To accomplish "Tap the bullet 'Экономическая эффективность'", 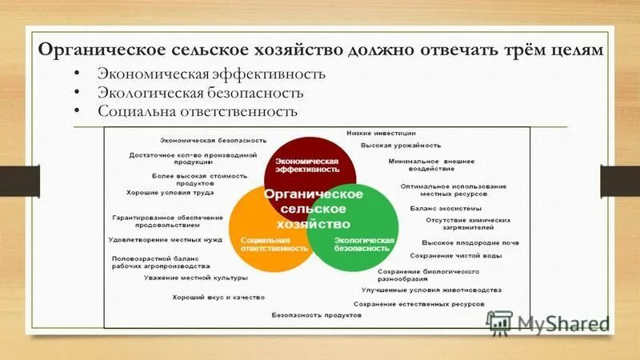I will pyautogui.click(x=211, y=74).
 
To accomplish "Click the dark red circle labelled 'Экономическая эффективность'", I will pyautogui.click(x=302, y=161).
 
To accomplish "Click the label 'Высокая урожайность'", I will pyautogui.click(x=401, y=146).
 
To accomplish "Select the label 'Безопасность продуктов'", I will pyautogui.click(x=317, y=315).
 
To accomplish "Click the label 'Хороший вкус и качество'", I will pyautogui.click(x=218, y=297).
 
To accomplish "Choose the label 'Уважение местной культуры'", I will pyautogui.click(x=196, y=278).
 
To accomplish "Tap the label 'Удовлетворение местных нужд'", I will pyautogui.click(x=166, y=239).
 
